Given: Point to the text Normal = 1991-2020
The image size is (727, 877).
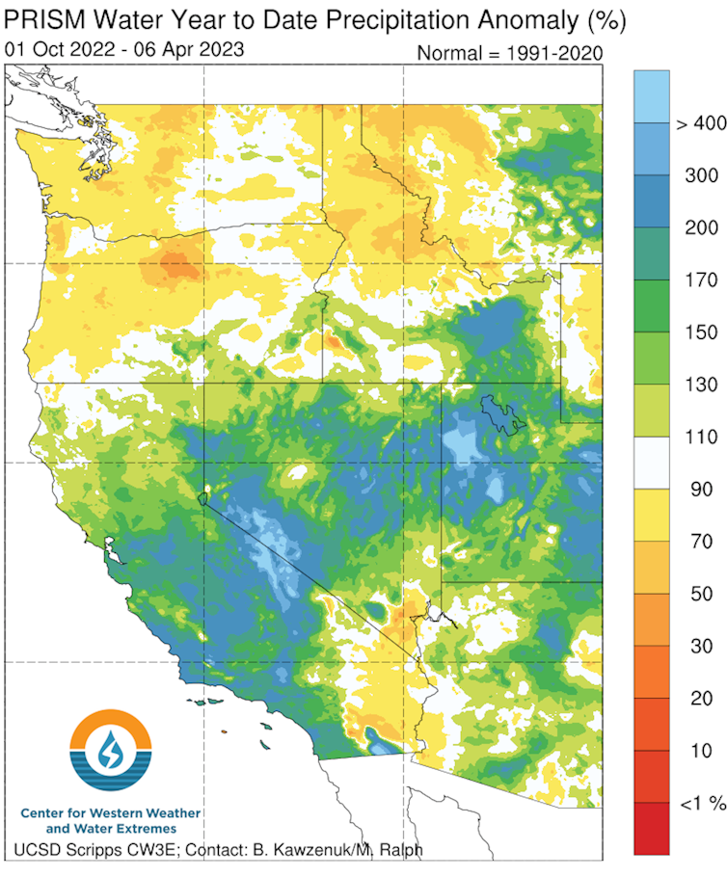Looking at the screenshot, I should tap(509, 54).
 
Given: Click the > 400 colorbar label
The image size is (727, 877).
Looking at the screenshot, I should tap(699, 123).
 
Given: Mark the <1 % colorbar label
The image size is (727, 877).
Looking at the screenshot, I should tap(698, 803).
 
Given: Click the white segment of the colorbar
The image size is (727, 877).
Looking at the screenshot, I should tap(651, 463).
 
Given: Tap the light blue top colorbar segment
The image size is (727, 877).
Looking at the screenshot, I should tap(651, 96).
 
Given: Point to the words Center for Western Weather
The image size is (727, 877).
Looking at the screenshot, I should tap(111, 813).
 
